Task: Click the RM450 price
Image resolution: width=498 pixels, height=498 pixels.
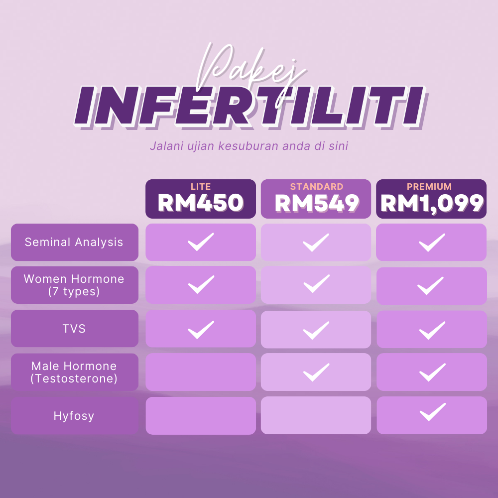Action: [x=200, y=203]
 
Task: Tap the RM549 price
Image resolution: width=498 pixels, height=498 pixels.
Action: [x=317, y=203]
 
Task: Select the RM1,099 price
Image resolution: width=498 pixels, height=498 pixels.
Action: [x=432, y=204]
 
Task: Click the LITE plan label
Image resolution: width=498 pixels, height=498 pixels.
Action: [x=201, y=186]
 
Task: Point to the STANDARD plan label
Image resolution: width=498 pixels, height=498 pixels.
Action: [x=317, y=186]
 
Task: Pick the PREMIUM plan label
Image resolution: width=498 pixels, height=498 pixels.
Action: [x=429, y=186]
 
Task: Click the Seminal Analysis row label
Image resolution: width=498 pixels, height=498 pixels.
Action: [x=74, y=242]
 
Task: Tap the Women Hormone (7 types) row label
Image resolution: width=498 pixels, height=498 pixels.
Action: [x=74, y=285]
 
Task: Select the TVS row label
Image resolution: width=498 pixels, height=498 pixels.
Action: [x=74, y=328]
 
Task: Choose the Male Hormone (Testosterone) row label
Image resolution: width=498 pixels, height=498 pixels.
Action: [x=74, y=372]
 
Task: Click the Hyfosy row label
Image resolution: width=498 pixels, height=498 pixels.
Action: [x=74, y=416]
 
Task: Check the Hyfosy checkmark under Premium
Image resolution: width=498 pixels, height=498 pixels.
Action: [x=433, y=412]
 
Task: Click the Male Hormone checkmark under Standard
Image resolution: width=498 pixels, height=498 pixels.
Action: [x=316, y=372]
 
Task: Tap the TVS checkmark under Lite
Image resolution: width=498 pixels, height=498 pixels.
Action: [x=201, y=330]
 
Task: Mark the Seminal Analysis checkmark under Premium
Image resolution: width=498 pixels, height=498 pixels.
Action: [x=432, y=243]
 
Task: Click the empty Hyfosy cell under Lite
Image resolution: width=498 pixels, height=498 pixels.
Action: [x=201, y=415]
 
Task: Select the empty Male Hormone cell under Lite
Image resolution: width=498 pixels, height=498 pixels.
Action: [x=201, y=372]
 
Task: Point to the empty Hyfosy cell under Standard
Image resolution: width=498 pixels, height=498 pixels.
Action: [x=316, y=415]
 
